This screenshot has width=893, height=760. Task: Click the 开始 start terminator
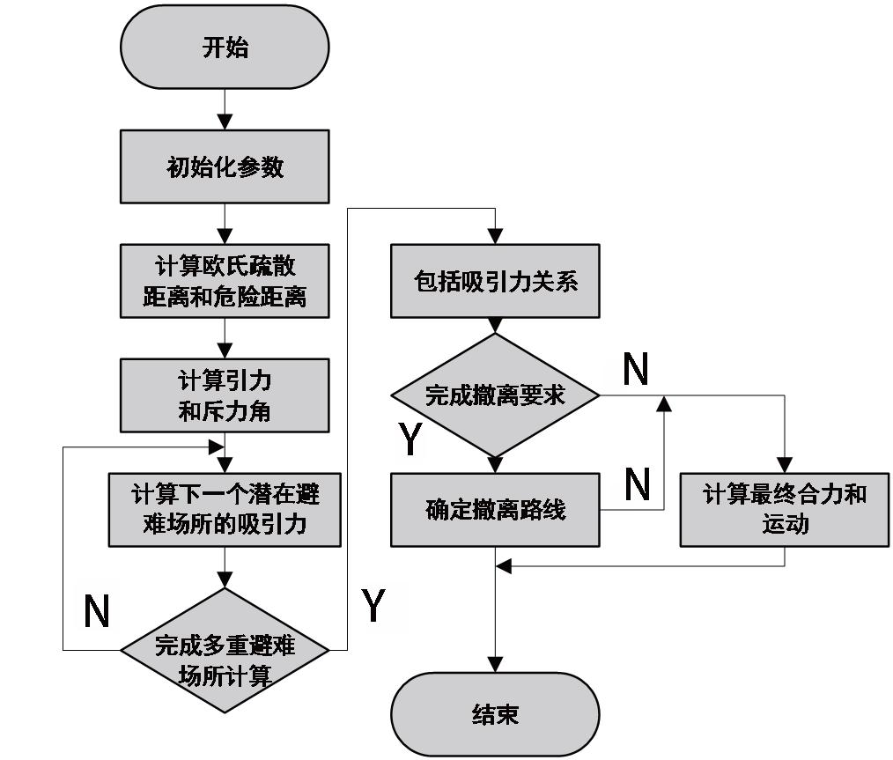225,48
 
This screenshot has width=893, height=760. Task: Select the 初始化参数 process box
225,166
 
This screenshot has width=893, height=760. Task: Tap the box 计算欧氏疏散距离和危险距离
225,281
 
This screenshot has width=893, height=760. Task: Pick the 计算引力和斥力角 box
225,396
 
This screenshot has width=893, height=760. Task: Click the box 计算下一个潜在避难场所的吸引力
225,510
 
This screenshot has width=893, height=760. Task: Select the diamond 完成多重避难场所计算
225,651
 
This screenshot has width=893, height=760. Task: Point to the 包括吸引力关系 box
495,282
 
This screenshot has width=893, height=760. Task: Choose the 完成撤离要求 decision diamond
495,395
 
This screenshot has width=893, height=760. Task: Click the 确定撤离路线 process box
495,510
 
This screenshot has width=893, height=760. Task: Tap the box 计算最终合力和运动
785,510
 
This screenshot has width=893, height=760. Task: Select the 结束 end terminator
495,713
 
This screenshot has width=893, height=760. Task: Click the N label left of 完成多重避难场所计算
97,610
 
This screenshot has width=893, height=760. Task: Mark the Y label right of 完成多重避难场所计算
373,606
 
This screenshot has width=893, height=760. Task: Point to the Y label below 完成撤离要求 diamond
410,439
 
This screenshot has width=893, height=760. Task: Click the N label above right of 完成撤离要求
636,370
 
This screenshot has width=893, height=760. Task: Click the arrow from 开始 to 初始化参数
225,109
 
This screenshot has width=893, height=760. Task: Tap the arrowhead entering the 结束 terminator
495,665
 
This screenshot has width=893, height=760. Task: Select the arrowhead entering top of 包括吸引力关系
495,236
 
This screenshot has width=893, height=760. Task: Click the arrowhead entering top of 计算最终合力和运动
785,465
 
